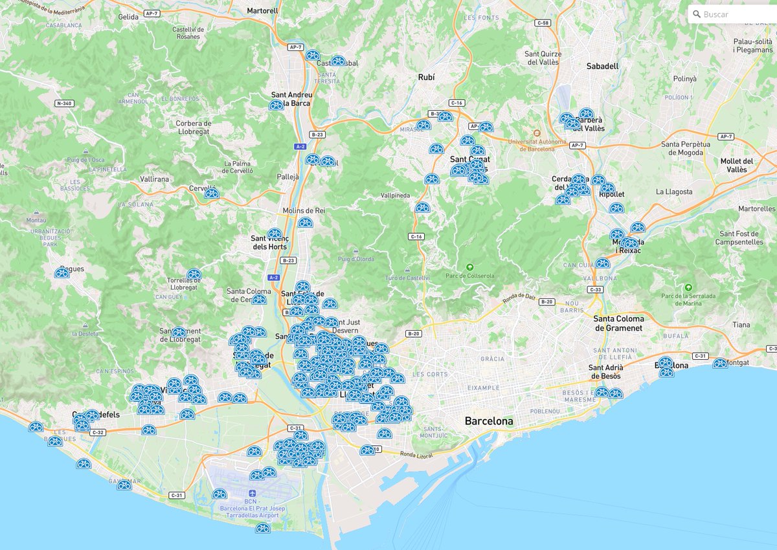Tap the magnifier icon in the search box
click(x=696, y=14)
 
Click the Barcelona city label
click(x=489, y=421)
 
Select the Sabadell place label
click(x=602, y=66)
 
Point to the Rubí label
click(x=426, y=77)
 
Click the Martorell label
click(x=262, y=11)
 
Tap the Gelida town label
click(x=128, y=17)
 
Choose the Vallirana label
click(x=153, y=179)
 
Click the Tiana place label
click(x=741, y=325)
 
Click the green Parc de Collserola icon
click(x=470, y=267)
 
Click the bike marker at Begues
click(x=62, y=273)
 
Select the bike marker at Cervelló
click(x=211, y=193)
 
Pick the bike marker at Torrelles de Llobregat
click(x=194, y=274)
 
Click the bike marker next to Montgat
click(x=720, y=364)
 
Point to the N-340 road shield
click(x=64, y=104)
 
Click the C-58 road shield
click(x=543, y=23)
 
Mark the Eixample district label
click(x=483, y=388)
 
